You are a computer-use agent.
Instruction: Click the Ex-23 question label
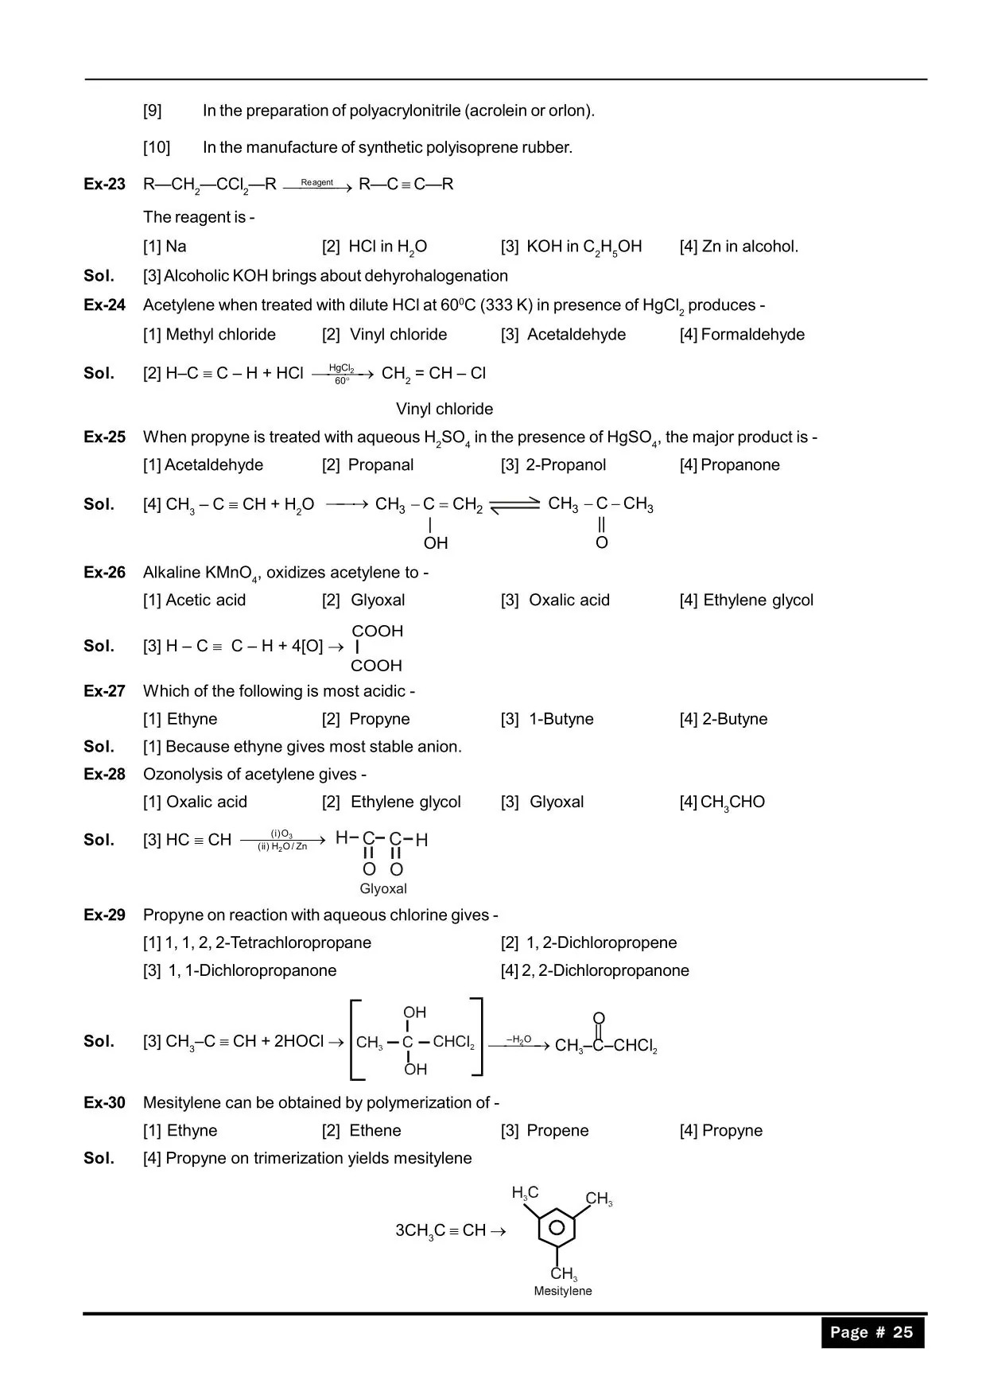(104, 185)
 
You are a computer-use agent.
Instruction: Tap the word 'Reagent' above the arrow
(317, 182)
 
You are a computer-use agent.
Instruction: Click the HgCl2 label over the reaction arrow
(341, 367)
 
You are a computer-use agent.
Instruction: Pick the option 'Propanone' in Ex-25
(730, 465)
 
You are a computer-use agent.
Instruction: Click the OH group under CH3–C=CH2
(436, 543)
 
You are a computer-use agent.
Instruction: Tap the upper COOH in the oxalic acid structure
(378, 631)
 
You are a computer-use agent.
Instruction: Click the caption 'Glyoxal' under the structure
(383, 889)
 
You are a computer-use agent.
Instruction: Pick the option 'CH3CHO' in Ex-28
(723, 802)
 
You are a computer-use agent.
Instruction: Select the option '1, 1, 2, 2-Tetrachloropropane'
(258, 943)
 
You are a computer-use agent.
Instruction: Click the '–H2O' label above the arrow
(518, 1039)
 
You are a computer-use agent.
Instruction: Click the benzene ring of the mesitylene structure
(557, 1227)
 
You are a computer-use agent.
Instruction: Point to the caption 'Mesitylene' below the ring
(563, 1291)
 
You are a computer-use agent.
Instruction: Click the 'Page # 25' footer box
(872, 1332)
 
